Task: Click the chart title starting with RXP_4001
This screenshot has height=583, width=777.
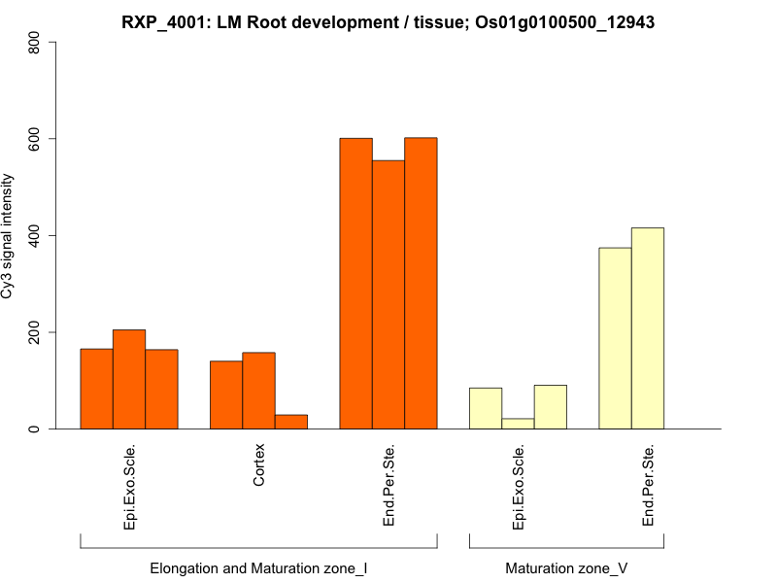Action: coord(388,21)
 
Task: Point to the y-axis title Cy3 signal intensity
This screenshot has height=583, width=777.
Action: coord(9,235)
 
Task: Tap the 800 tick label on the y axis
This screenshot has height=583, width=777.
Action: coord(36,43)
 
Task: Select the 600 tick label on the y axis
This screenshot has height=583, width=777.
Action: coord(36,139)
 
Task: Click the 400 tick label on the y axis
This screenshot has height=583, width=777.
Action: coord(36,235)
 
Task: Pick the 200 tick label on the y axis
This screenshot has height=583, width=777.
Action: coord(36,332)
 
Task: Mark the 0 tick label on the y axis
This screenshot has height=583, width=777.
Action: coord(36,429)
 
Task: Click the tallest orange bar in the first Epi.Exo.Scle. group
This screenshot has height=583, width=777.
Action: coord(129,379)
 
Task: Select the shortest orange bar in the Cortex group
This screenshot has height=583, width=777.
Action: coord(291,422)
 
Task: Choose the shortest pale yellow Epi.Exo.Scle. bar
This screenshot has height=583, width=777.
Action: coord(518,424)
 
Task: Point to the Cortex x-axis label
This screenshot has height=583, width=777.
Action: coord(259,466)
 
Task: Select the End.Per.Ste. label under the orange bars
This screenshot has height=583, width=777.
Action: coord(388,486)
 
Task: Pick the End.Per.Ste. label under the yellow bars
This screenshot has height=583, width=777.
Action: coord(648,486)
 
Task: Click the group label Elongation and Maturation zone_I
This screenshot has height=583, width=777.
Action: coord(258,567)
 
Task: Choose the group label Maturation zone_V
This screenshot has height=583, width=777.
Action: coord(566,567)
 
